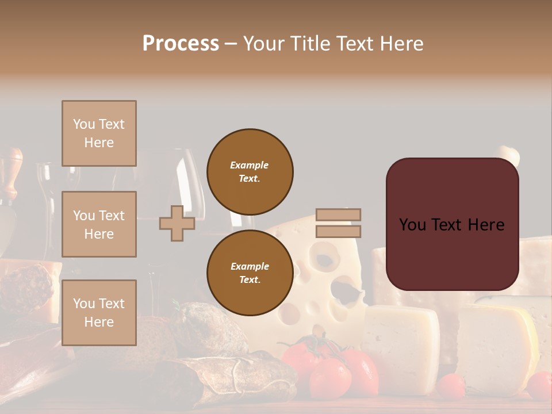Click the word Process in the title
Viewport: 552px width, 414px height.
(x=181, y=44)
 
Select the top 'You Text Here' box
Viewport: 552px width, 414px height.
(x=99, y=133)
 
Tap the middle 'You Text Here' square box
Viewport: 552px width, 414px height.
(x=99, y=224)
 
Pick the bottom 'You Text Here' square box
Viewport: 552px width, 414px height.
(x=99, y=313)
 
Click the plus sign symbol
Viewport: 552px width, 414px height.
(x=177, y=223)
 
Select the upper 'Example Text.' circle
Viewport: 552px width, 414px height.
(x=250, y=171)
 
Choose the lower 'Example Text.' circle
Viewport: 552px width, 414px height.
(x=250, y=273)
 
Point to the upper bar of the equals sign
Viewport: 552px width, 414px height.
(x=339, y=214)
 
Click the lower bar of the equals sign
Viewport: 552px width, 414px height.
(x=339, y=231)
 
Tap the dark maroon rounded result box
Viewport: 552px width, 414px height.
(x=452, y=253)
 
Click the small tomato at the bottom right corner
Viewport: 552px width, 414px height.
(x=539, y=384)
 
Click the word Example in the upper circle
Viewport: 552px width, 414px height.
(x=249, y=165)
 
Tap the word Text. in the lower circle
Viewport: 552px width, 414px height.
(x=250, y=279)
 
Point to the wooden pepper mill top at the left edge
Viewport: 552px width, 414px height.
(x=13, y=167)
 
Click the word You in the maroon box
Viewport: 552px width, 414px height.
(x=412, y=224)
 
